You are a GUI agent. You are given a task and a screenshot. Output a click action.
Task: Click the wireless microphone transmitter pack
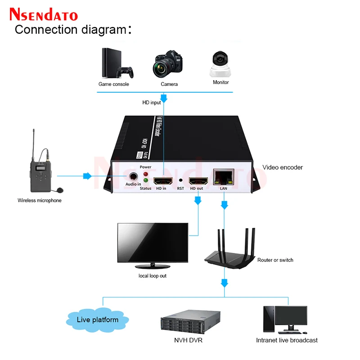(x=39, y=169)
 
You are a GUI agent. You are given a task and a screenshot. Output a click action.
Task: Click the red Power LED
(x=145, y=174)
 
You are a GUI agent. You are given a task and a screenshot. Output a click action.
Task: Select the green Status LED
(x=145, y=182)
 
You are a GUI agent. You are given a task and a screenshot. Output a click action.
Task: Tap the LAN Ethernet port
(x=224, y=177)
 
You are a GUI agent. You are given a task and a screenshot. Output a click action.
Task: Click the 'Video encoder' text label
(x=282, y=167)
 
